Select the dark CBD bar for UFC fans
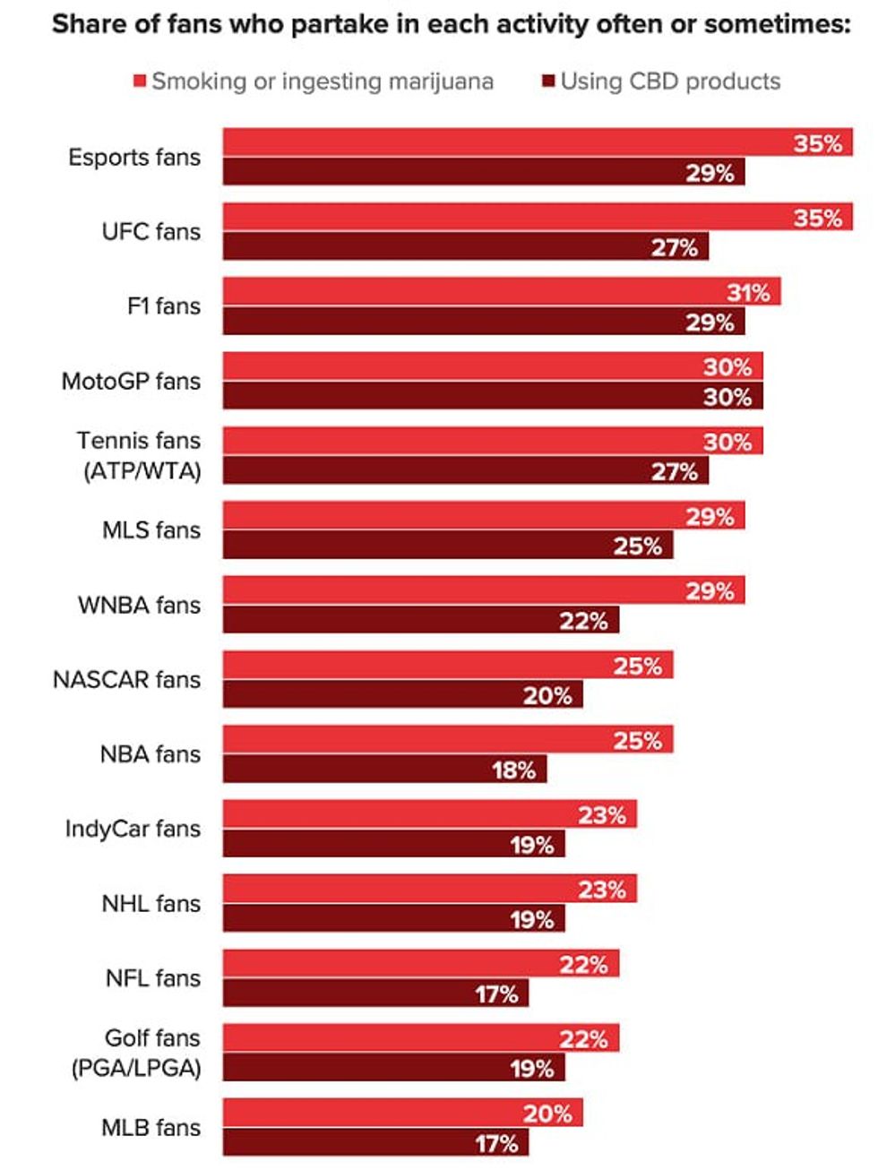(x=466, y=247)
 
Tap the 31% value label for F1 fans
(x=748, y=292)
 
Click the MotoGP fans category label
(x=131, y=382)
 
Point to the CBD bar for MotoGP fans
(x=493, y=396)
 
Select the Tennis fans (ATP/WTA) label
(x=140, y=455)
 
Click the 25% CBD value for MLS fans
(x=637, y=546)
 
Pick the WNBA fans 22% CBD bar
(x=421, y=620)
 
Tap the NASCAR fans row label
(x=126, y=680)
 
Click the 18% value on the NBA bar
(x=513, y=770)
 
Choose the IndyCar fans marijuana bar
(x=430, y=814)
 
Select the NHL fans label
(x=151, y=904)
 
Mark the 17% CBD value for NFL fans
(x=496, y=994)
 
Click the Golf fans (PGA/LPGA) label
(x=137, y=1053)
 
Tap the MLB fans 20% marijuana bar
(x=403, y=1113)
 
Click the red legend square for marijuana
(x=140, y=82)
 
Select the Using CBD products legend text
(x=670, y=82)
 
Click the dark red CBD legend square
(x=548, y=82)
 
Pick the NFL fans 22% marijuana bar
(x=421, y=964)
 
